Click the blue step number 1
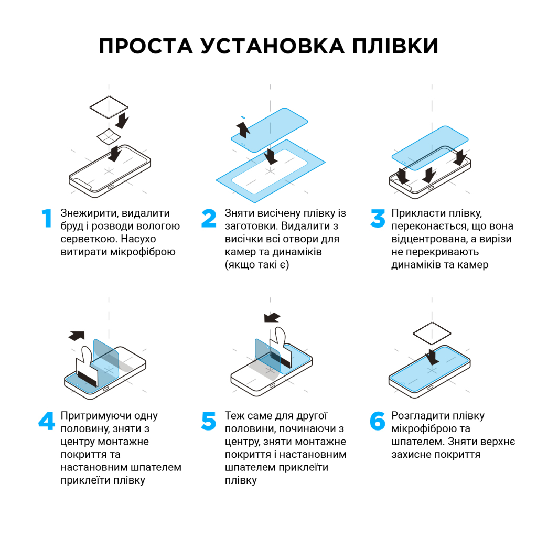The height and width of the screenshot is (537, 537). (x=48, y=219)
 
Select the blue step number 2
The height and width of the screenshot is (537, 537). (x=209, y=219)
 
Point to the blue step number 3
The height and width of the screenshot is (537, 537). (x=378, y=219)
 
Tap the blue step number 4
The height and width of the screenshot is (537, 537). (x=47, y=421)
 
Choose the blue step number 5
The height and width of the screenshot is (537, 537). (x=209, y=421)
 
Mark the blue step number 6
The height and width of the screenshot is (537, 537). (x=378, y=421)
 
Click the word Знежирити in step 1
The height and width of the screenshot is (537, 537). (x=86, y=213)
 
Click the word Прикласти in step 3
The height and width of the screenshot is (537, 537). (x=414, y=213)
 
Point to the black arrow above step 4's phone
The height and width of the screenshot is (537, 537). (x=77, y=335)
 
